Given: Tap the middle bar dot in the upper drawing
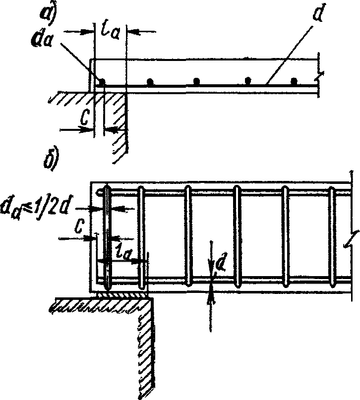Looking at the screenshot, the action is [x=197, y=81].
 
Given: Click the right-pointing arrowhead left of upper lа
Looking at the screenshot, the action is [x=90, y=31].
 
